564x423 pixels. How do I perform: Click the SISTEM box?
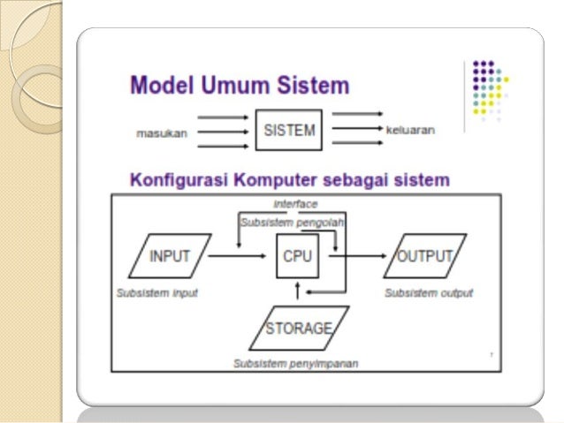click(289, 131)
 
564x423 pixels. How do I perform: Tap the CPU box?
click(297, 256)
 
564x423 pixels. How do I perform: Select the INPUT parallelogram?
click(170, 256)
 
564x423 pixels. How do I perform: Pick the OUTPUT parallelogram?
click(425, 256)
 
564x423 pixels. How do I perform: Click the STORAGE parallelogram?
click(301, 329)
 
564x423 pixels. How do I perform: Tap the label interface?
click(295, 203)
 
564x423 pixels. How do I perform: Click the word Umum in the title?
click(239, 86)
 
